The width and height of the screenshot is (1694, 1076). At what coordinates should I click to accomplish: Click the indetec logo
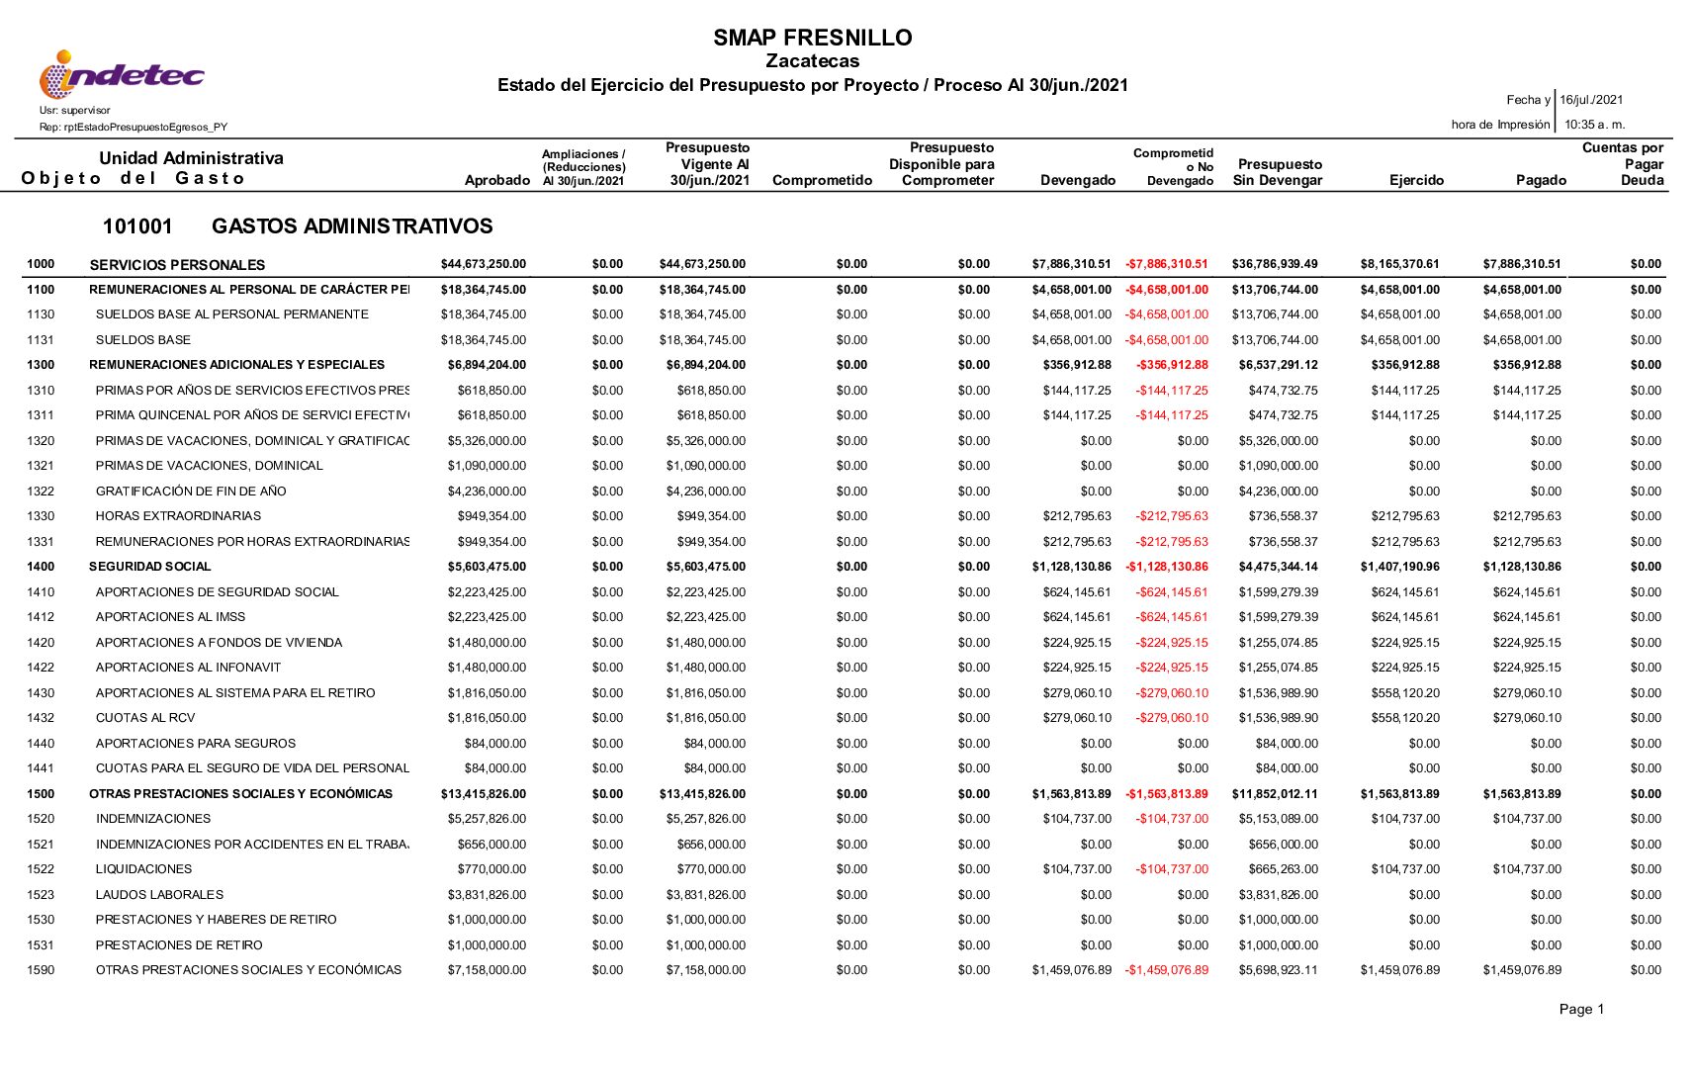click(122, 74)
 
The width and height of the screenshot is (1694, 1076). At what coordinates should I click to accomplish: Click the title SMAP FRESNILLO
click(812, 38)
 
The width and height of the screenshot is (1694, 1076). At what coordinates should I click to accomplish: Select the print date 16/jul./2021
click(1591, 100)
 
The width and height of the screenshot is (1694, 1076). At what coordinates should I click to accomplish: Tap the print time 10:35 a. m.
click(1594, 125)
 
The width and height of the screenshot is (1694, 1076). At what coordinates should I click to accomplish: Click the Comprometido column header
click(822, 180)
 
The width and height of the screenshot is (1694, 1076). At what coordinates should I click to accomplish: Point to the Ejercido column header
click(1416, 180)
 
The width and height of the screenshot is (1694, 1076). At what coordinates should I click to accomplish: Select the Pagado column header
click(1541, 180)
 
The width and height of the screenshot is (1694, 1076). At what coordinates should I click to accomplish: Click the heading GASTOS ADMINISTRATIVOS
click(352, 226)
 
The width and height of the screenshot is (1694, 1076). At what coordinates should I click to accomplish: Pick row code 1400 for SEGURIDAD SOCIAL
click(41, 567)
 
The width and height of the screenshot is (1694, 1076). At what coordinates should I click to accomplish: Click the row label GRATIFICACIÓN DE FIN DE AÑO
click(191, 492)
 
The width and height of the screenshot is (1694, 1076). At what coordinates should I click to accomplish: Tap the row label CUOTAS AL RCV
click(145, 718)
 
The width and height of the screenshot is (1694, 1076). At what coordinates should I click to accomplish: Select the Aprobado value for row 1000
click(484, 264)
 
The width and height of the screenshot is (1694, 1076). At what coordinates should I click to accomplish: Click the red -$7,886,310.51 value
click(1166, 264)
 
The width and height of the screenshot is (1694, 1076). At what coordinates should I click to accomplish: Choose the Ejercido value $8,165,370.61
click(1399, 264)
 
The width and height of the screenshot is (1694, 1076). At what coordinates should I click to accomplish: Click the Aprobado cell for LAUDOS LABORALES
click(487, 895)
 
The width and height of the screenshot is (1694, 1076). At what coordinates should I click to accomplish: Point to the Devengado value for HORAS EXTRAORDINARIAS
click(1076, 516)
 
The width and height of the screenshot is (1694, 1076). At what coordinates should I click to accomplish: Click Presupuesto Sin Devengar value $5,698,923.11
click(1278, 970)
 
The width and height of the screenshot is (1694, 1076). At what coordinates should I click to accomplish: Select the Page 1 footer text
click(1581, 1009)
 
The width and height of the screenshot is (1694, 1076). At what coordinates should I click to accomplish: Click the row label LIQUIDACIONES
click(144, 869)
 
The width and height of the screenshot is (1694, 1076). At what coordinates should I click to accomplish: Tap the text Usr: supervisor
click(75, 110)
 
